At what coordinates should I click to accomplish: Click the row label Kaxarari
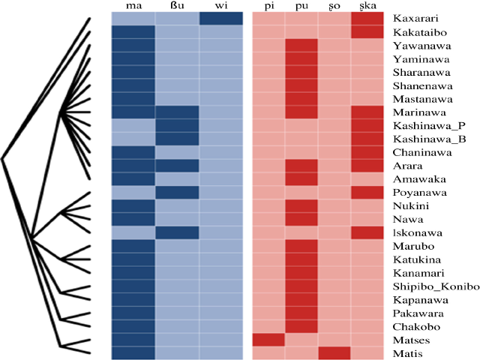tap(416, 16)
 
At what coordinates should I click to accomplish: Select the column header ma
tap(133, 7)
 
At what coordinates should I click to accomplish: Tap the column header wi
tap(221, 7)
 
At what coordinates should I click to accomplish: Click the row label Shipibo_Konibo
tap(431, 286)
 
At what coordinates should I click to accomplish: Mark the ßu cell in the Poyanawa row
tap(178, 192)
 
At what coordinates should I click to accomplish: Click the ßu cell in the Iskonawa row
tap(178, 232)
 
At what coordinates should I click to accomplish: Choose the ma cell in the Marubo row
tap(133, 246)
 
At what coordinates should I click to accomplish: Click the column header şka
tap(367, 7)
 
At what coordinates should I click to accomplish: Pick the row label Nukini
tap(412, 205)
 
